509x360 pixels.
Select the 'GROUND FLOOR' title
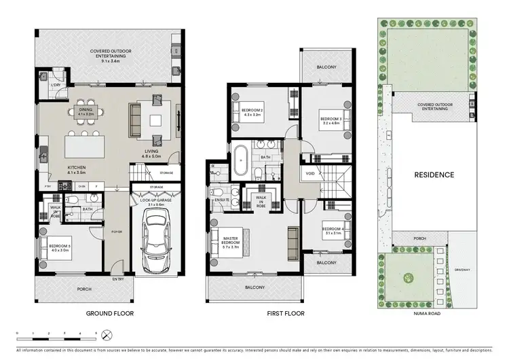click(109, 314)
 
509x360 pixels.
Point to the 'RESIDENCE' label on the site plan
click(434, 175)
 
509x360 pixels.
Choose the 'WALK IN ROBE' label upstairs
click(260, 202)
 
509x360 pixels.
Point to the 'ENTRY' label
click(119, 279)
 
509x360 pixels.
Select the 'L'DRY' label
click(56, 84)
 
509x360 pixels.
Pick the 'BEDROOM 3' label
click(330, 122)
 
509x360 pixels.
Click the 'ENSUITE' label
click(220, 200)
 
